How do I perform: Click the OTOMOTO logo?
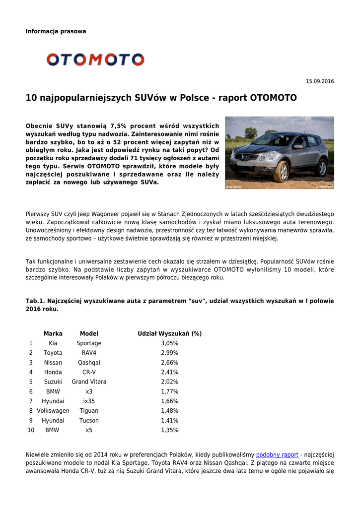point(95,60)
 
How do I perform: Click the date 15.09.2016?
point(320,81)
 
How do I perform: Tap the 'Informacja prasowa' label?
point(56,31)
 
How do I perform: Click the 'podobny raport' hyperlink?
point(277,454)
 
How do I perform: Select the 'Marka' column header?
point(53,334)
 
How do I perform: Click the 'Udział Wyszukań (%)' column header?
point(169,334)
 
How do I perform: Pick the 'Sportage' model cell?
point(89,343)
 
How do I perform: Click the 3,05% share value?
point(169,343)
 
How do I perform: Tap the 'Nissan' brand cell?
point(53,363)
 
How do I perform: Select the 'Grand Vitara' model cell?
point(89,382)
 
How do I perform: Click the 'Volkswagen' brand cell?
point(53,411)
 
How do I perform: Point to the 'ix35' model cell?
point(89,401)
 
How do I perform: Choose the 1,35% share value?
point(169,430)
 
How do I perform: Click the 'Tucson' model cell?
point(89,421)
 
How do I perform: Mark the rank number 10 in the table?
point(31,430)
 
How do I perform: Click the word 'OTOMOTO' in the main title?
point(273,98)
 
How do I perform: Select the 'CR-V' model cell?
point(89,372)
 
